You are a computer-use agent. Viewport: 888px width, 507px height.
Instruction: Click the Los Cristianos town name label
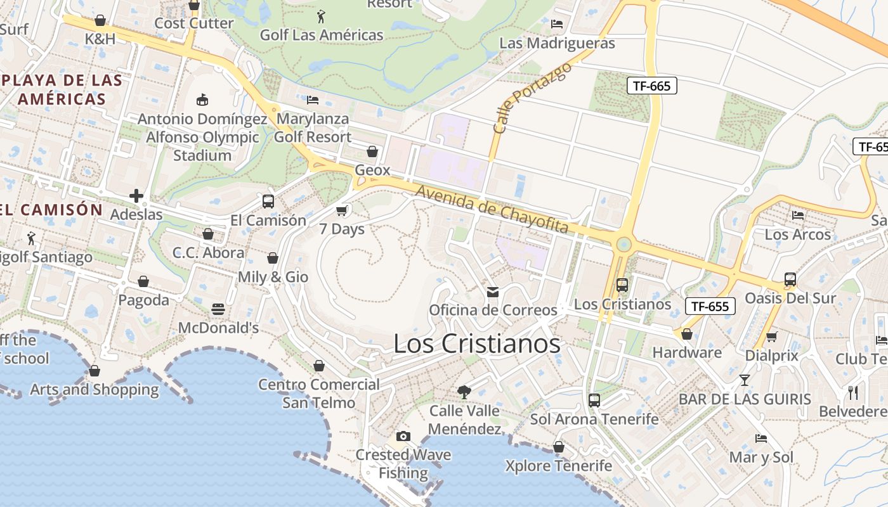[x=477, y=343]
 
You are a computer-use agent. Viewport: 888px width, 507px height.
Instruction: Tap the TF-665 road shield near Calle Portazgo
[x=651, y=86]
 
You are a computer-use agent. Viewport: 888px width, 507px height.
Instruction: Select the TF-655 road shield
[x=710, y=307]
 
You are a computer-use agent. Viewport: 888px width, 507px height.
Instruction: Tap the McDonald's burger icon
[x=218, y=309]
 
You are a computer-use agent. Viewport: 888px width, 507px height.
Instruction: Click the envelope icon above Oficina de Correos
[x=492, y=292]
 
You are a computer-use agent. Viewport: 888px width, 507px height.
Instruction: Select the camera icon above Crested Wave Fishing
[x=403, y=436]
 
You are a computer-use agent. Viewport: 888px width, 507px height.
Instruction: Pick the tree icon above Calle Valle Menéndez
[x=464, y=392]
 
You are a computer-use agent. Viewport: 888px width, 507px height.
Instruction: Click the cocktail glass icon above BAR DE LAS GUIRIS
[x=744, y=380]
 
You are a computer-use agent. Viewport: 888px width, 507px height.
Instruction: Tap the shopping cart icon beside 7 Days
[x=342, y=210]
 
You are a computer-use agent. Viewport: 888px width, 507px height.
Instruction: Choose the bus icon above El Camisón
[x=268, y=202]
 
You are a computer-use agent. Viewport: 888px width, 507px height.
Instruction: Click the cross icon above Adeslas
[x=136, y=196]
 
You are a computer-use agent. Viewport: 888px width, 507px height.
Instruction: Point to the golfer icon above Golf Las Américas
[x=321, y=16]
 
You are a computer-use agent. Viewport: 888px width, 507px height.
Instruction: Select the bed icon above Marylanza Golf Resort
[x=312, y=100]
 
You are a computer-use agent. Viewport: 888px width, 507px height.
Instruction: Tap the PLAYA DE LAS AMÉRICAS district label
[x=62, y=89]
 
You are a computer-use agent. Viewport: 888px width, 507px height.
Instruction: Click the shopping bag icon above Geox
[x=372, y=151]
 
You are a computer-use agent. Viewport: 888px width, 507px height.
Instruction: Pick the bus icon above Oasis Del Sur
[x=790, y=279]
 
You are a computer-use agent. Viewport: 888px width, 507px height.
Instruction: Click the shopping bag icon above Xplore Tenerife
[x=559, y=447]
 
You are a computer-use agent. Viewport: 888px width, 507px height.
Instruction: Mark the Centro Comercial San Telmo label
[x=318, y=394]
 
